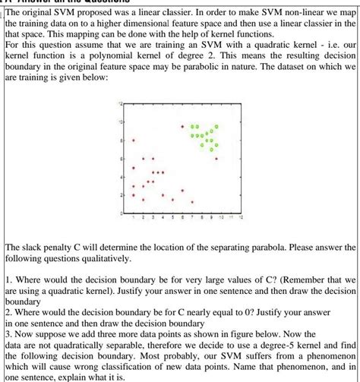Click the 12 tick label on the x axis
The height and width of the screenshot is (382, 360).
coord(240,218)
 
